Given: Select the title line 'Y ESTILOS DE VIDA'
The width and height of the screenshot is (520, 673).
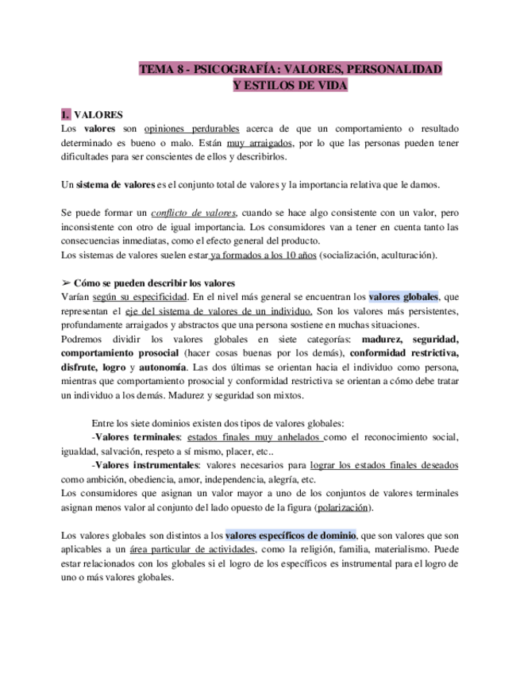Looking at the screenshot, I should (x=291, y=85).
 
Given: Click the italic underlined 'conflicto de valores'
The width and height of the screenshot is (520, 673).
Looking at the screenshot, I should (x=194, y=213).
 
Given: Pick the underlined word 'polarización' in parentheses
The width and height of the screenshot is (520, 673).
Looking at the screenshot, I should (x=343, y=507).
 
